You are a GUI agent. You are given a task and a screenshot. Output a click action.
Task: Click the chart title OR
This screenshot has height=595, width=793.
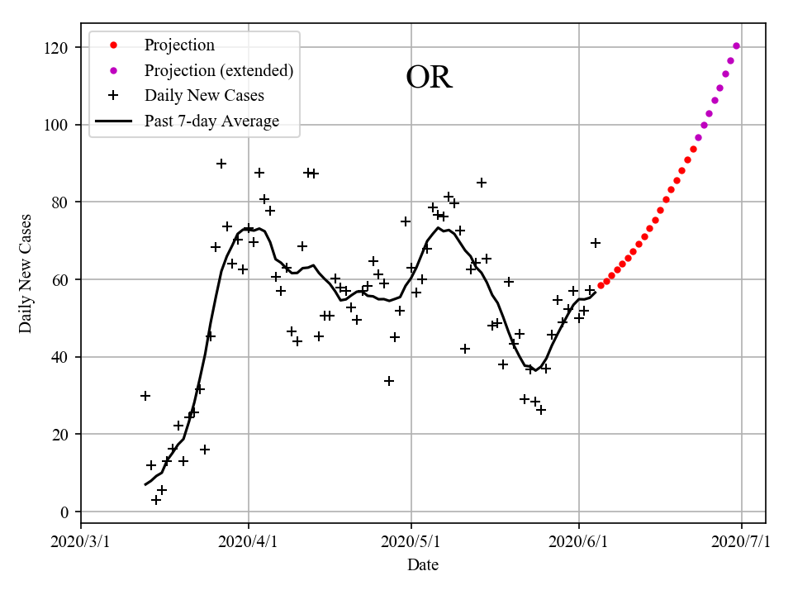point(429,78)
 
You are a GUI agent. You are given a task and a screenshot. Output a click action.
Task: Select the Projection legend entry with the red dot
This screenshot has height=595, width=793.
point(179,45)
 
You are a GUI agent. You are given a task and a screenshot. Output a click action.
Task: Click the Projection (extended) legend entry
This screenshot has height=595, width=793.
point(218,70)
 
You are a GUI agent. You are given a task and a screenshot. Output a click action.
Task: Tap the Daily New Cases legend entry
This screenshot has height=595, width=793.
point(204,96)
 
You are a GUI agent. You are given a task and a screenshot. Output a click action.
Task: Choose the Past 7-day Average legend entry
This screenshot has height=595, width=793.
point(211,121)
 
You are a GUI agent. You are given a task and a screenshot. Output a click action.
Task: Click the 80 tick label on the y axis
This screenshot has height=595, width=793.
point(60,202)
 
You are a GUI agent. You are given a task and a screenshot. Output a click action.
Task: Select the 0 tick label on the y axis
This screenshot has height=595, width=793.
point(64,512)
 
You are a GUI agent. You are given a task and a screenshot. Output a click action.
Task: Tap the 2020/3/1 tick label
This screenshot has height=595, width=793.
point(81,542)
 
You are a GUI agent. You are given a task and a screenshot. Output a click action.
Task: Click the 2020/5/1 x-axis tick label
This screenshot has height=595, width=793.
point(411,542)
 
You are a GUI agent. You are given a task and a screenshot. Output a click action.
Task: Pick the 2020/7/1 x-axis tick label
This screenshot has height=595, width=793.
point(741,542)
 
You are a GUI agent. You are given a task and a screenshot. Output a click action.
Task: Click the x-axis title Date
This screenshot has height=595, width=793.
point(423,565)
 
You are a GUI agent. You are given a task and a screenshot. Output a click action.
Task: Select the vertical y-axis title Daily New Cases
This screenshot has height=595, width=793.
point(26,273)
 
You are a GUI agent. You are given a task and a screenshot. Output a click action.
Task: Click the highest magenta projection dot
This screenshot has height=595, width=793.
point(736,46)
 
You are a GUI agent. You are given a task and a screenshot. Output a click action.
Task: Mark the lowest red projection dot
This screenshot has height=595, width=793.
point(601,285)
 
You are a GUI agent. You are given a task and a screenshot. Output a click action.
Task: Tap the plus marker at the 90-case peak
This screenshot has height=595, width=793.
point(221,164)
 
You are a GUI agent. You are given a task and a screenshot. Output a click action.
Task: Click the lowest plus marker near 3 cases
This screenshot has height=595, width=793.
point(156,500)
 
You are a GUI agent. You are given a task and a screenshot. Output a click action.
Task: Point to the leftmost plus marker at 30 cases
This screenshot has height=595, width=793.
point(145,396)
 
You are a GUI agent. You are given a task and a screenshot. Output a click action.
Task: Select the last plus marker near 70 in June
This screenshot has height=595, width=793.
point(595,243)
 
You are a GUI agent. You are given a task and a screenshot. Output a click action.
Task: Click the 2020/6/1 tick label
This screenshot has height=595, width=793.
point(578,542)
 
